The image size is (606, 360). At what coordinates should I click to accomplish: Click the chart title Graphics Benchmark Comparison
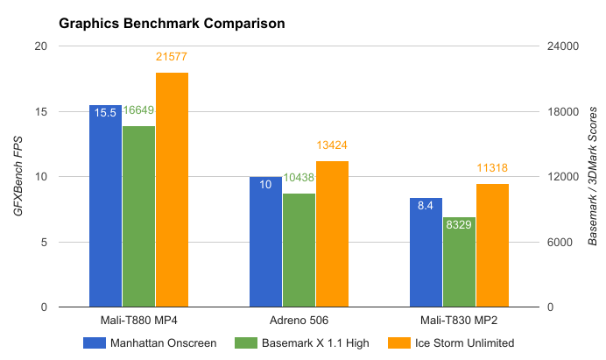pos(172,24)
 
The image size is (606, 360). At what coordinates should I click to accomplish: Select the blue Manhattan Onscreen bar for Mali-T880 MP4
pos(105,210)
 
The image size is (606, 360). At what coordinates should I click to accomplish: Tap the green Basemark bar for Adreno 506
pos(299,250)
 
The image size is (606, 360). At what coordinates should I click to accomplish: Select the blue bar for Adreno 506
pos(265,245)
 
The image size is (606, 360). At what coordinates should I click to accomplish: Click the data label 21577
pos(172,59)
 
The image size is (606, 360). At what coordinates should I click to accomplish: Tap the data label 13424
pos(332,145)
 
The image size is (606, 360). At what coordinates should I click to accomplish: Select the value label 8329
pos(459,226)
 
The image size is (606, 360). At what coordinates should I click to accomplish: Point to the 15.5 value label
pos(104,114)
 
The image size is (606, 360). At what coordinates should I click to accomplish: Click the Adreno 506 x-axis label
pos(299,319)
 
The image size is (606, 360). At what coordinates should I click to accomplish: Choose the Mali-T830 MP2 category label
pos(459,319)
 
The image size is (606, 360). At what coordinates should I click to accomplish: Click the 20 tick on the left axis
pos(41,46)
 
